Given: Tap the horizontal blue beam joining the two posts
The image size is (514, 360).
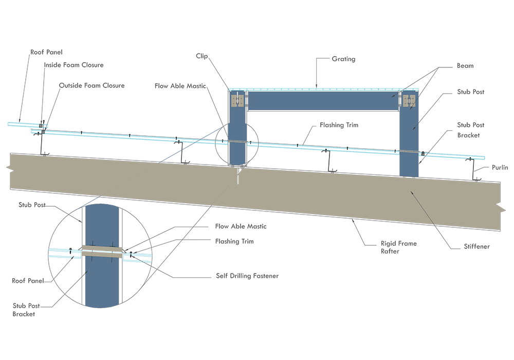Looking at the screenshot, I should [324, 100].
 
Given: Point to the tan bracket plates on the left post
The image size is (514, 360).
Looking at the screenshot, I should [238, 100].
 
